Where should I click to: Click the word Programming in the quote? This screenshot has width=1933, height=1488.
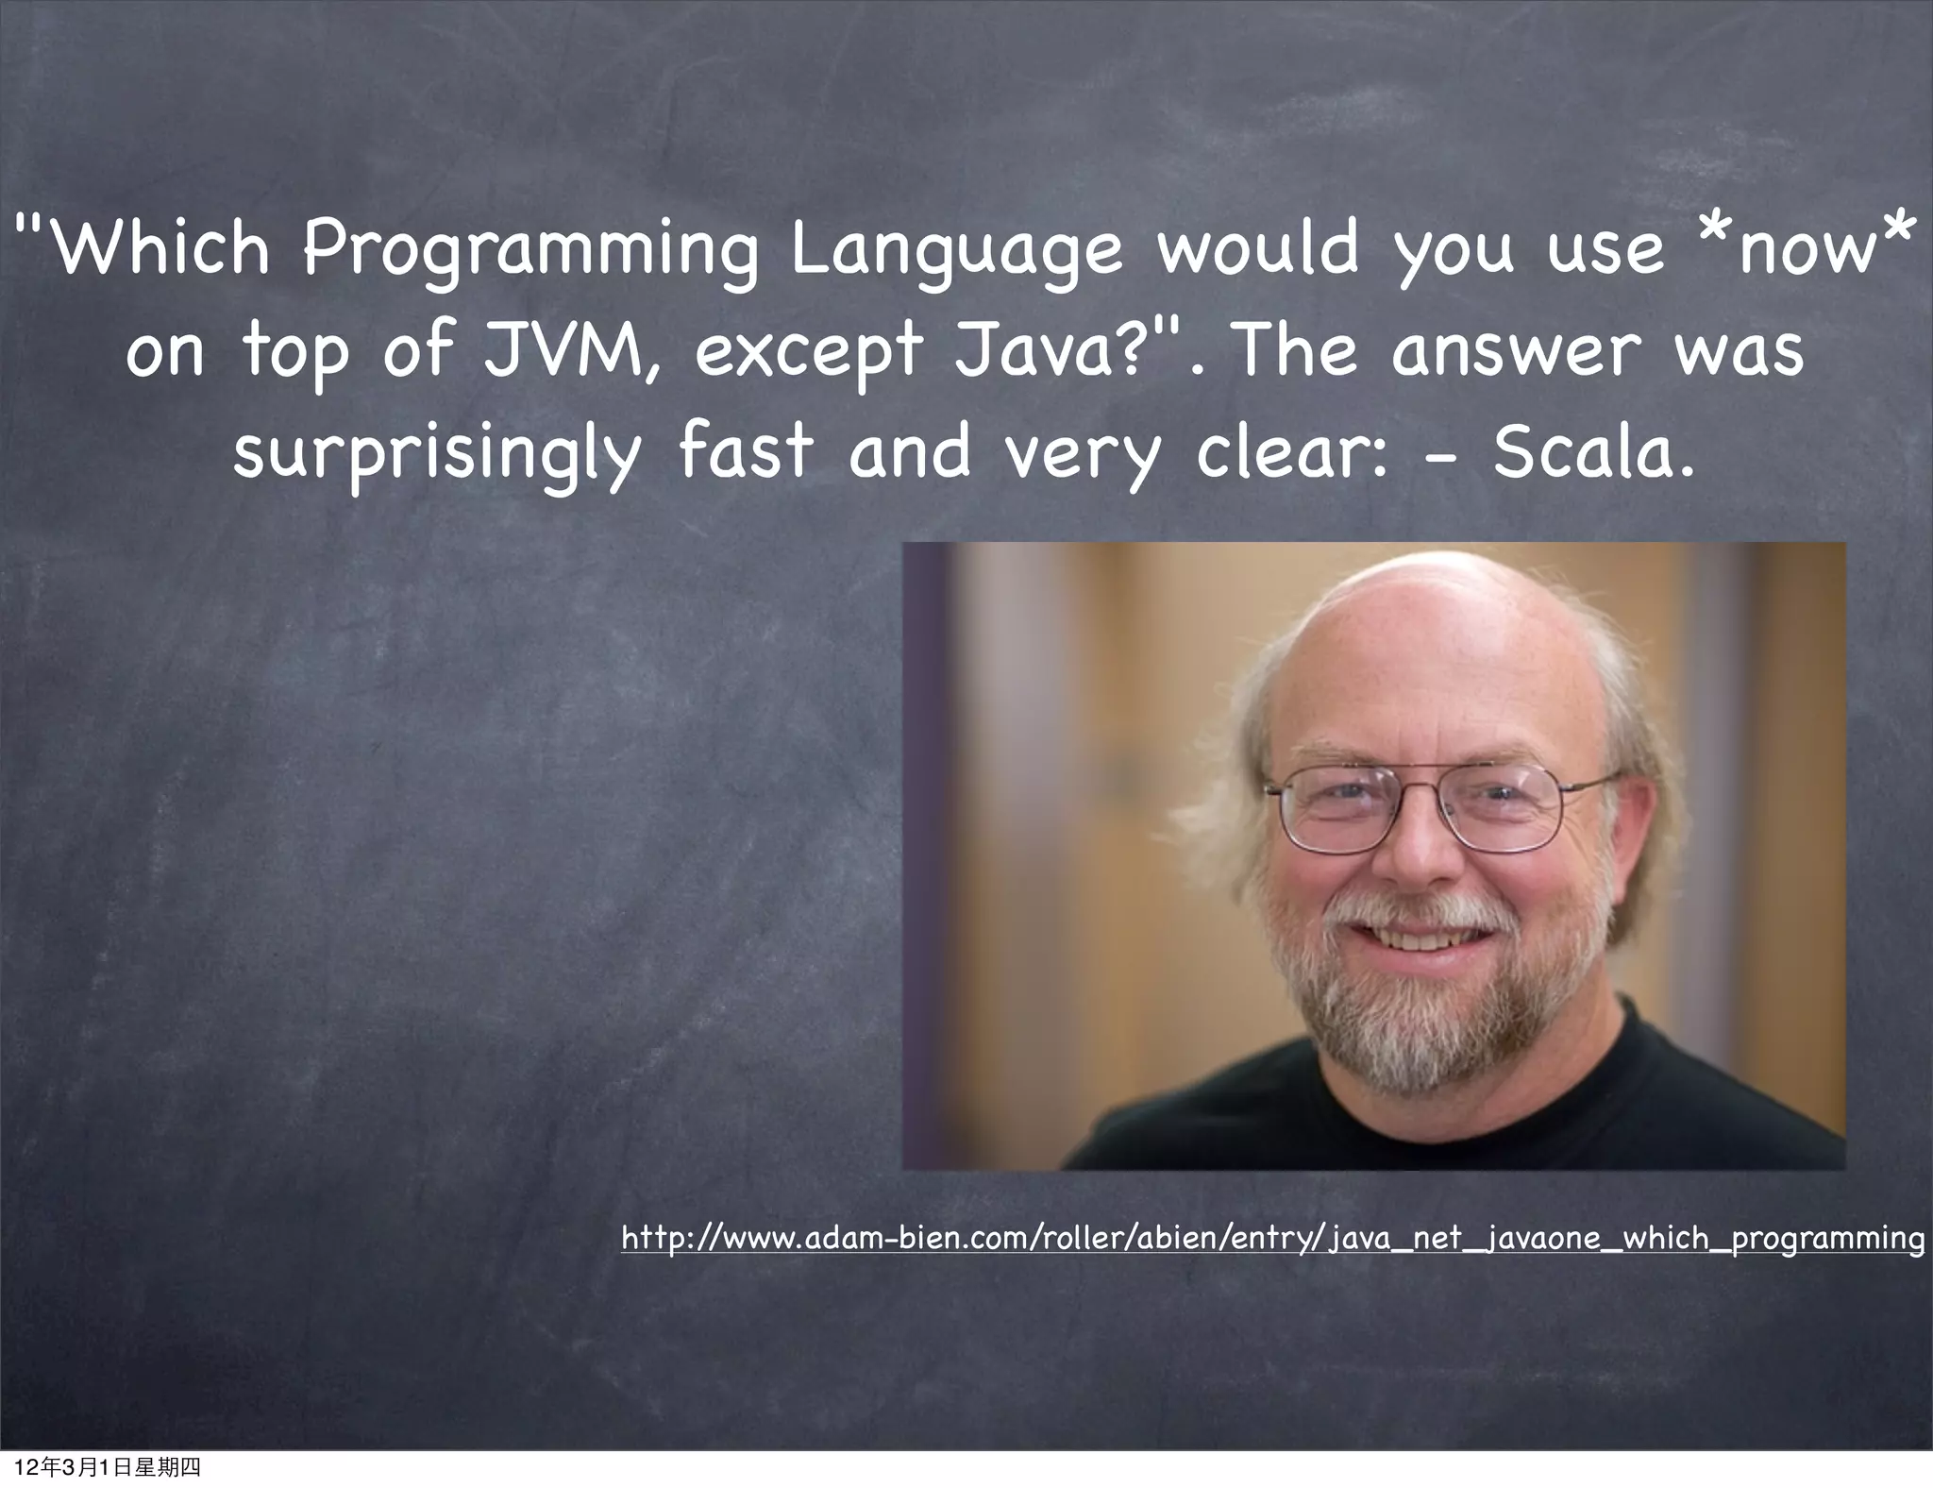point(529,250)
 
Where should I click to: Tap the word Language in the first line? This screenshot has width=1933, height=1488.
point(956,250)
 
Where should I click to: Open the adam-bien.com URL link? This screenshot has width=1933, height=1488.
point(1271,1238)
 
